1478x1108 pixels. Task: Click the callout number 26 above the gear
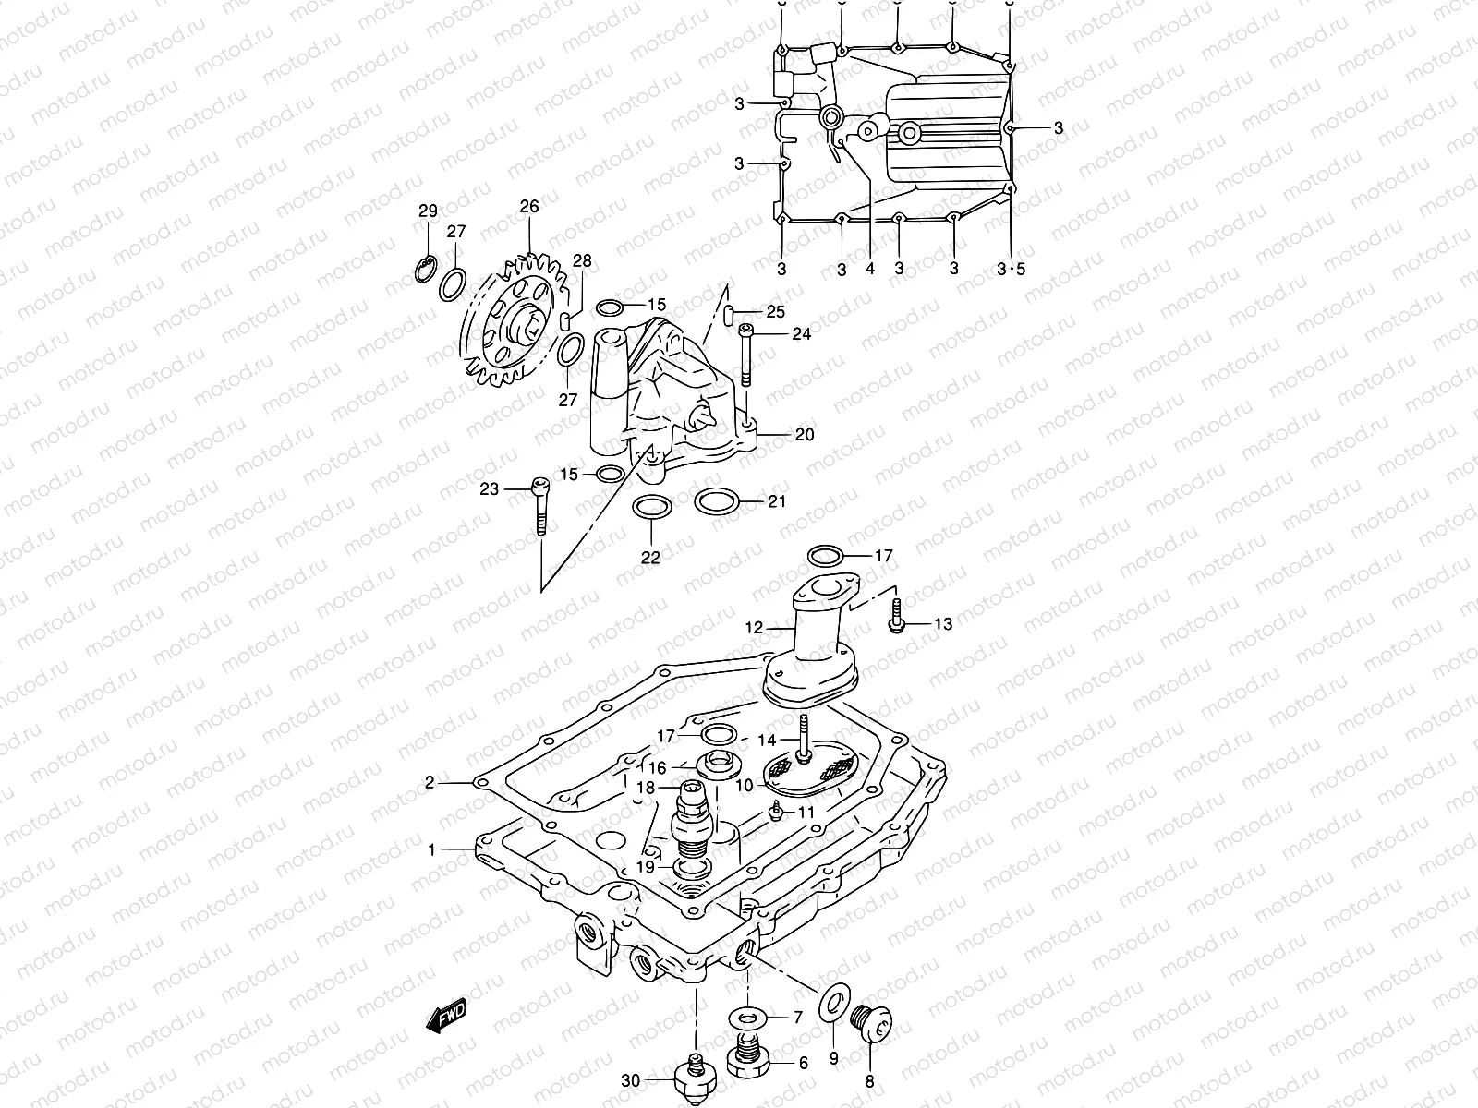point(528,207)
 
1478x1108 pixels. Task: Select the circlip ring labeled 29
point(426,269)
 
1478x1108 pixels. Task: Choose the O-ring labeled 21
point(716,501)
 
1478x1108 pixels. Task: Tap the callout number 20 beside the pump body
point(804,434)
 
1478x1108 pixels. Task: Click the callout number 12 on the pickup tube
point(754,628)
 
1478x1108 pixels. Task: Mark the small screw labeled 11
point(779,812)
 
